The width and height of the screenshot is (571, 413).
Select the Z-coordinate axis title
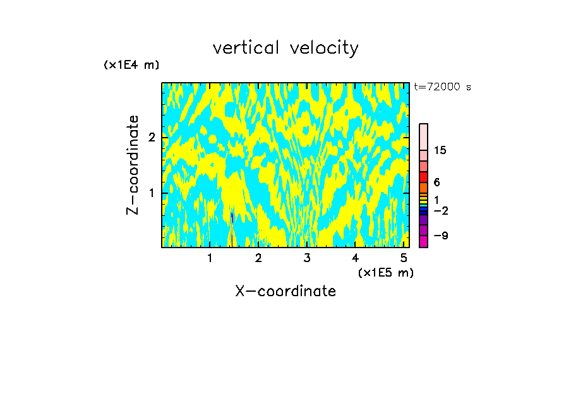[x=133, y=165]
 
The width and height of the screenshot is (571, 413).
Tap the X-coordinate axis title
[x=285, y=291]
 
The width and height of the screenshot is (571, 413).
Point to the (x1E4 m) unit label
[x=131, y=65]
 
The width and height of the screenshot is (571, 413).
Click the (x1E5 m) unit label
[x=385, y=272]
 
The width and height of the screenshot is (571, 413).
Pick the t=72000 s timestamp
[x=442, y=87]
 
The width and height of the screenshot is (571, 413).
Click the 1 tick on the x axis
[x=210, y=258]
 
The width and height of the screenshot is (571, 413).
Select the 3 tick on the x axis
[x=306, y=258]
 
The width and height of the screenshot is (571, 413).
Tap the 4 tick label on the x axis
[x=355, y=258]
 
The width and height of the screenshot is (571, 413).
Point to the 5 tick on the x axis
[x=404, y=258]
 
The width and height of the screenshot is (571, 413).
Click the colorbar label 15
[x=440, y=150]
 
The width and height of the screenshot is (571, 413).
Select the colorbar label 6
[x=436, y=183]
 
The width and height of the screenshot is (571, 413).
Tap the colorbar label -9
[x=440, y=236]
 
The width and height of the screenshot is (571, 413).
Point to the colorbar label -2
[x=440, y=210]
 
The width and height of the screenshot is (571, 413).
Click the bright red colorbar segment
[x=423, y=177]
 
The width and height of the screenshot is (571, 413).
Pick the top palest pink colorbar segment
[x=423, y=136]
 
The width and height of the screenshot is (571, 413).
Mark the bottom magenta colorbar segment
[x=423, y=241]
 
